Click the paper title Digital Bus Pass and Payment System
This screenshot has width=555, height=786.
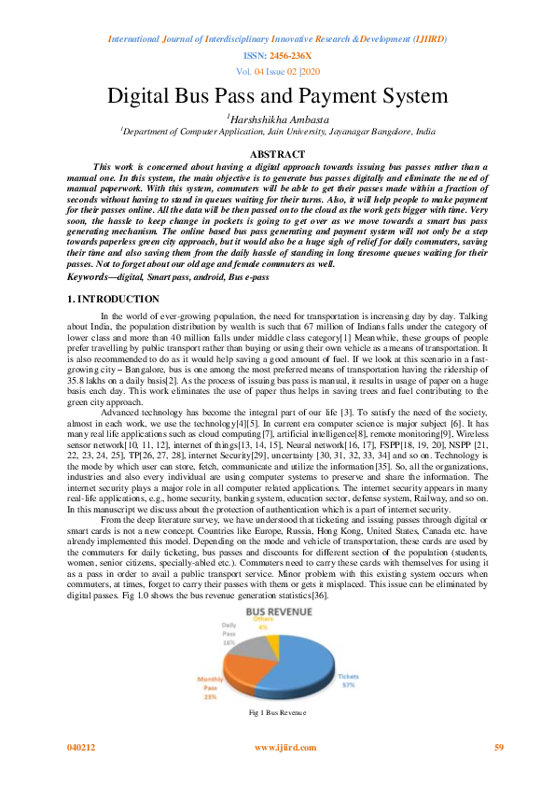pyautogui.click(x=277, y=95)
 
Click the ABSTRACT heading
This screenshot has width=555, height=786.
pyautogui.click(x=277, y=154)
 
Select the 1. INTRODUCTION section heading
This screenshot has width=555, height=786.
pyautogui.click(x=101, y=299)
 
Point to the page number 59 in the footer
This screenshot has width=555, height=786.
pyautogui.click(x=498, y=748)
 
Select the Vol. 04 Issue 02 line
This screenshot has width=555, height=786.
pyautogui.click(x=277, y=71)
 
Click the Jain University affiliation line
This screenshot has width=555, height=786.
pyautogui.click(x=277, y=133)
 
